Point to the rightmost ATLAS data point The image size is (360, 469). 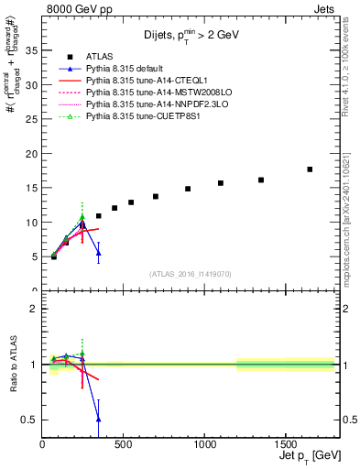coord(310,169)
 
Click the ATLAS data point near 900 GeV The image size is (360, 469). coord(188,189)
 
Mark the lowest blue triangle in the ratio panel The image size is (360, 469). coord(98,419)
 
